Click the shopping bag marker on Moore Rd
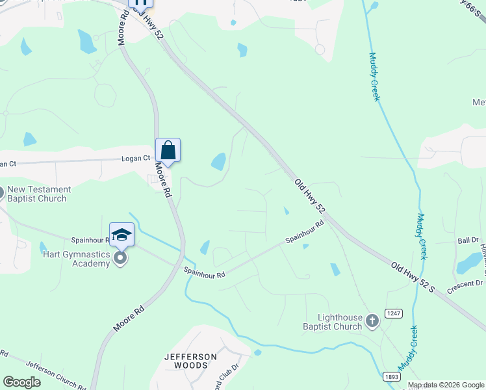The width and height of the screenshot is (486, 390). tap(168, 150)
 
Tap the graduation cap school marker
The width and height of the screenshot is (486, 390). tap(122, 235)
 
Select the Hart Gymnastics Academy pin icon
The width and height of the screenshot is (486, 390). tap(120, 259)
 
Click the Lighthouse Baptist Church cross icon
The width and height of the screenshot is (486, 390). tap(372, 320)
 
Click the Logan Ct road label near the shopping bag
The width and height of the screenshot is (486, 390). tap(136, 158)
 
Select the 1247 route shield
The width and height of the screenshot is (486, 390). tap(394, 313)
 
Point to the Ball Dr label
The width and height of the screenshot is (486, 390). tap(468, 240)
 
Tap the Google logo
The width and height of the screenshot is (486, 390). tap(21, 382)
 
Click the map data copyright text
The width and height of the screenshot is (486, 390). tap(446, 385)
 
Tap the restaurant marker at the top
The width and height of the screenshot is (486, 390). tap(140, 3)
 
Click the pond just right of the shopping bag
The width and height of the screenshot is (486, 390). tap(219, 161)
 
